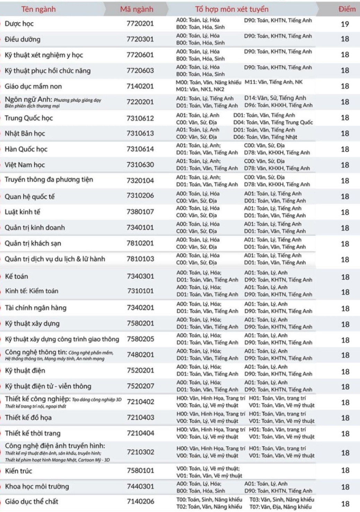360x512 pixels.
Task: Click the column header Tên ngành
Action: [x=38, y=9]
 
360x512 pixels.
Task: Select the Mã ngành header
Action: [x=137, y=9]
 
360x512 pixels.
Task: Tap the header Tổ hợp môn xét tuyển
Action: [x=231, y=9]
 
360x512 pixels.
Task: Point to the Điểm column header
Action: [x=347, y=9]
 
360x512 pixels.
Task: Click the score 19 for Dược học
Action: [x=345, y=24]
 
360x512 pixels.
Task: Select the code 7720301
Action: [x=140, y=39]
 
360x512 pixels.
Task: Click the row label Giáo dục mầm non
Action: [x=33, y=86]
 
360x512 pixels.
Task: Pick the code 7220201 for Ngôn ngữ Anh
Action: [x=140, y=102]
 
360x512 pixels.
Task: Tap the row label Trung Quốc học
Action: [x=29, y=118]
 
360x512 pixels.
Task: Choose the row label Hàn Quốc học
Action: [x=26, y=149]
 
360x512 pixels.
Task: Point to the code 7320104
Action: [x=140, y=180]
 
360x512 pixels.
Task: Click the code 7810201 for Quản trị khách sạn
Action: [x=140, y=243]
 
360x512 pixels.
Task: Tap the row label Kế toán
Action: [x=17, y=276]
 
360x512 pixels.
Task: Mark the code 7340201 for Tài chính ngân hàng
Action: [x=140, y=308]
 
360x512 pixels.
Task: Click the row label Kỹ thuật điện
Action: [x=25, y=371]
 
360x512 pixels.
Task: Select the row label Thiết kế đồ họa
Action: [x=28, y=418]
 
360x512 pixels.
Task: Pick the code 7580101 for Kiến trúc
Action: [x=140, y=470]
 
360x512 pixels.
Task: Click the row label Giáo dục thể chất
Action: [x=32, y=502]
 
